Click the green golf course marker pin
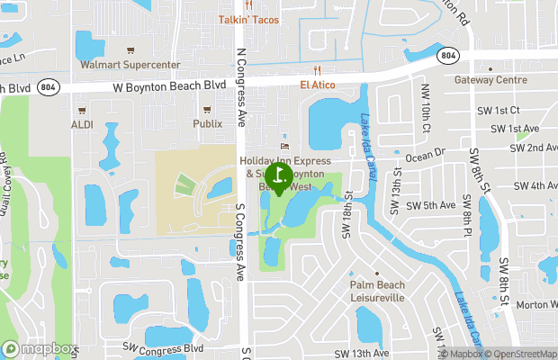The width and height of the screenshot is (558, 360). tap(279, 175)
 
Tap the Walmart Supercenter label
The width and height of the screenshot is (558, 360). tap(130, 65)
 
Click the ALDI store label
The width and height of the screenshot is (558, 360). tap(82, 123)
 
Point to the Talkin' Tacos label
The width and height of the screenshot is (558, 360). tap(248, 20)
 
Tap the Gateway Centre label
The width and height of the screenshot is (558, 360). tap(490, 79)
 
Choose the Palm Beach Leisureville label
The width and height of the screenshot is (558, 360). tap(377, 291)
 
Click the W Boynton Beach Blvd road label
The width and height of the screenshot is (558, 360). tap(169, 86)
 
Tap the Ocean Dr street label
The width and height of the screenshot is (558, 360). tap(426, 154)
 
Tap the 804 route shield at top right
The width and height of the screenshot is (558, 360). tap(449, 55)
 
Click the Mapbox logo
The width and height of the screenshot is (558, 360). tap(40, 348)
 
